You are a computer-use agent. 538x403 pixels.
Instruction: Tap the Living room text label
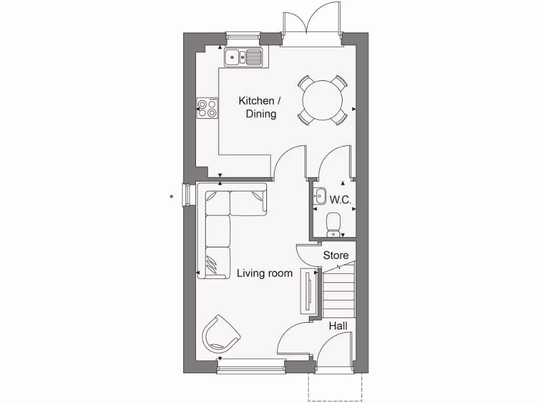pyautogui.click(x=264, y=273)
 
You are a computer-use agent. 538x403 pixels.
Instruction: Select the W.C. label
pyautogui.click(x=340, y=200)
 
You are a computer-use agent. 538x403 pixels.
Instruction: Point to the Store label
pyautogui.click(x=336, y=256)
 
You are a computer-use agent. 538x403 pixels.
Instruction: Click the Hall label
pyautogui.click(x=338, y=326)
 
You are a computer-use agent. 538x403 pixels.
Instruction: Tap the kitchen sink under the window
pyautogui.click(x=243, y=56)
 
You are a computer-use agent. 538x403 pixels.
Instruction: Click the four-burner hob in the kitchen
pyautogui.click(x=207, y=108)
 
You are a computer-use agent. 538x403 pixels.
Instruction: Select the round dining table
pyautogui.click(x=323, y=100)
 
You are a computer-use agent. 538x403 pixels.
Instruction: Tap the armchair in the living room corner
pyautogui.click(x=220, y=334)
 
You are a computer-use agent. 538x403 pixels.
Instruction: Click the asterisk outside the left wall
pyautogui.click(x=171, y=197)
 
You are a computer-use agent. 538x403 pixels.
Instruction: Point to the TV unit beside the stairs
pyautogui.click(x=308, y=291)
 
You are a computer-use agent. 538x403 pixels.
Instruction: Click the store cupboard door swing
pyautogui.click(x=306, y=254)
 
